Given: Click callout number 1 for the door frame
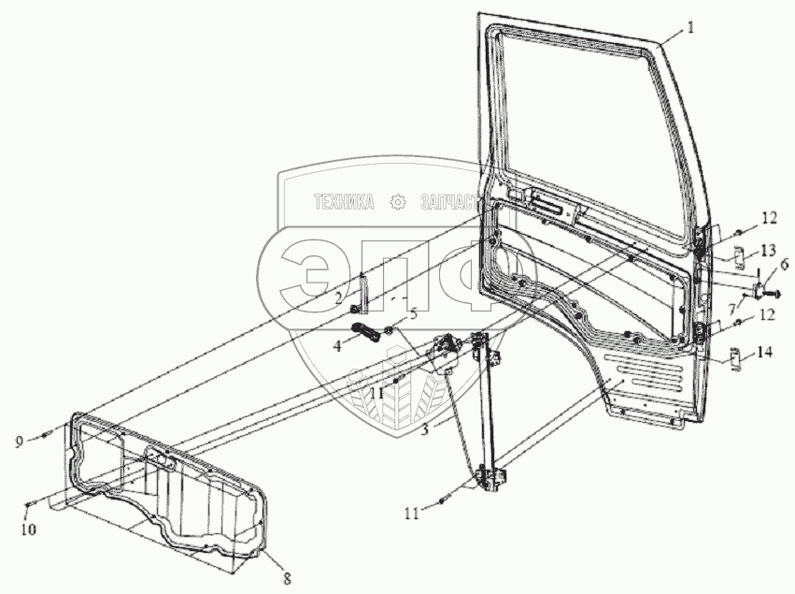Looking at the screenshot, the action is pyautogui.click(x=690, y=28).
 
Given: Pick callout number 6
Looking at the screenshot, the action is pyautogui.click(x=783, y=266).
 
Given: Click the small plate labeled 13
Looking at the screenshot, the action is pyautogui.click(x=735, y=254).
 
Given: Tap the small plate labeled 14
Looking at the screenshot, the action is pyautogui.click(x=735, y=358).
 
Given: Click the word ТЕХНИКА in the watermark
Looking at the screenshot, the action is pyautogui.click(x=344, y=201).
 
